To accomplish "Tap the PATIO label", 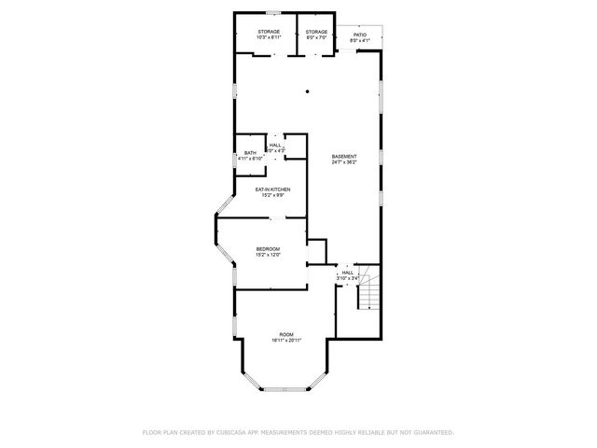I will pos(359,35).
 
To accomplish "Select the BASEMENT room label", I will pos(344,156).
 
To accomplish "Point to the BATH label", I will pos(250,153).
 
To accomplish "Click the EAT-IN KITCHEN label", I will pos(273,189).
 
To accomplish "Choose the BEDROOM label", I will pos(269,248).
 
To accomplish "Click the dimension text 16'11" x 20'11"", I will pos(285,341).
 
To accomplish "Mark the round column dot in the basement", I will pos(308,91).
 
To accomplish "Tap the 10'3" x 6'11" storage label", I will pos(270,38).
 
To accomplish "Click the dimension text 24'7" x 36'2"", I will pos(344,162).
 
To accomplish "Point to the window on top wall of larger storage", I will pos(273,12).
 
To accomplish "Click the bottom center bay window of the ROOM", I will pos(285,389).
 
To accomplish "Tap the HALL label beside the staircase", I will pos(347,273).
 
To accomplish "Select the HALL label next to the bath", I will pos(275,145).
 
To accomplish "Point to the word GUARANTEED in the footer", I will pos(433,432).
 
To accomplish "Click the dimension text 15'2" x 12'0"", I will pos(269,255).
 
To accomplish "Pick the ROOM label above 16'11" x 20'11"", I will pos(285,334).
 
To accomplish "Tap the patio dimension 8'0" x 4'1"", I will pos(359,40).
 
